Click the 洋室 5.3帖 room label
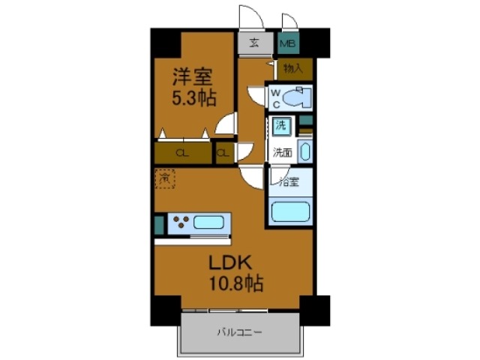click(193, 86)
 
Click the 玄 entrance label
click(255, 43)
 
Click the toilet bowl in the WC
click(298, 97)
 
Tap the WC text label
click(275, 97)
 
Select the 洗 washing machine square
click(280, 125)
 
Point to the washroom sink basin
click(304, 151)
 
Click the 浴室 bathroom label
click(289, 181)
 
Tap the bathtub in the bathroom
click(290, 210)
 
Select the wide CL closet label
click(181, 154)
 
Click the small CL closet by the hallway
click(223, 154)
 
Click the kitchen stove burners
click(181, 222)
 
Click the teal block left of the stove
click(158, 223)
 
